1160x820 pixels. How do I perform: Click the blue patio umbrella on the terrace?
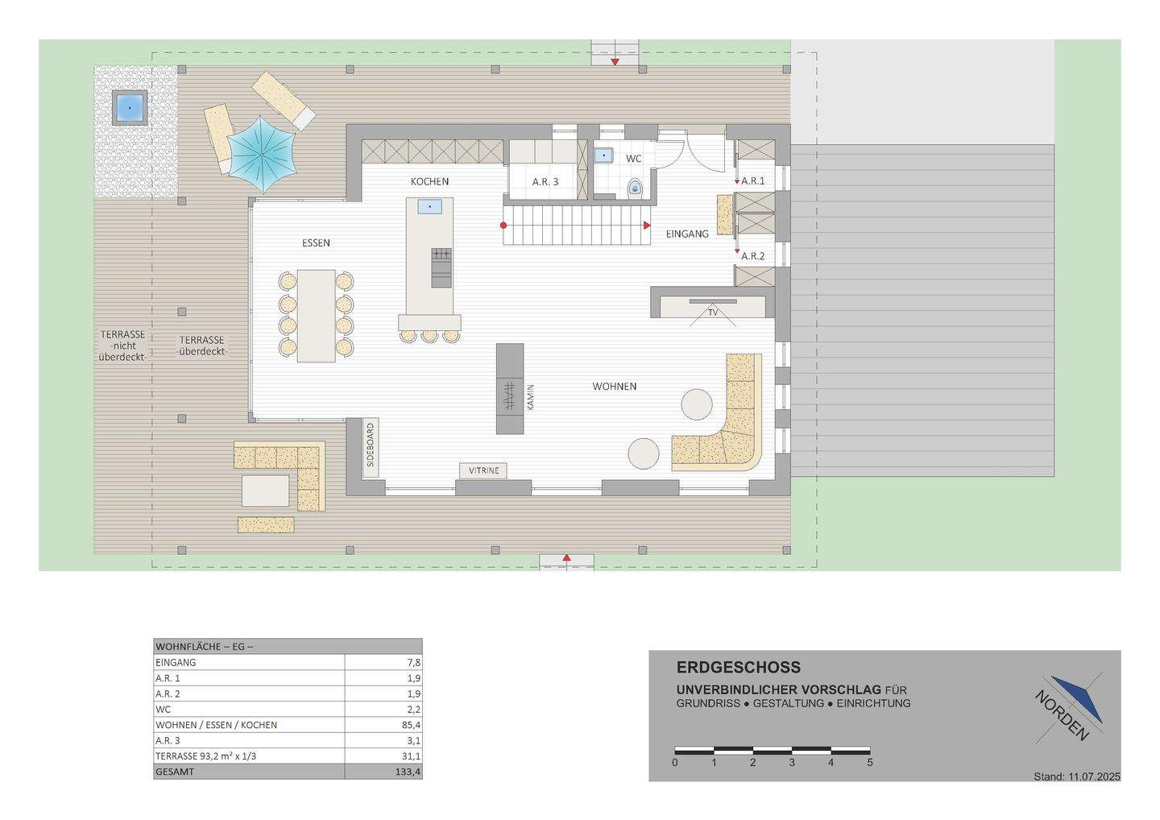tap(262, 155)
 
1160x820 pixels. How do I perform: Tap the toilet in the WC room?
tap(636, 186)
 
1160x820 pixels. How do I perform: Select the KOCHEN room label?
tap(429, 181)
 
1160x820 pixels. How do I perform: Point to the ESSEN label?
tap(316, 242)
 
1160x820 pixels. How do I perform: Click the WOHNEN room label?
tap(614, 386)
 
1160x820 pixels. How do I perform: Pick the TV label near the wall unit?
tap(713, 313)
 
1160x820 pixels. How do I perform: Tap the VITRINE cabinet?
tap(483, 470)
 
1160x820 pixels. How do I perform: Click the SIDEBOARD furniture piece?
tap(371, 447)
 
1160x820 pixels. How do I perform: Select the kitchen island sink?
tap(430, 206)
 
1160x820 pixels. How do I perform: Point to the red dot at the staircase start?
tap(503, 226)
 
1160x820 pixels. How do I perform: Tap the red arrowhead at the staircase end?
tap(647, 226)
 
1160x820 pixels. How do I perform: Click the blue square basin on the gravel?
tap(130, 108)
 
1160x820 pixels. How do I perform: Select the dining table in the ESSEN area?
tap(316, 316)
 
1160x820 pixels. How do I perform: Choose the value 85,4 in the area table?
tap(411, 725)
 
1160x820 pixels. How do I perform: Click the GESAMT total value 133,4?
tap(408, 772)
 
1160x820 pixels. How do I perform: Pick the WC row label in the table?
tap(163, 709)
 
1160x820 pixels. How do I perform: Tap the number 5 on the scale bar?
tap(870, 763)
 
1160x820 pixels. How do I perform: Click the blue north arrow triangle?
tap(1078, 699)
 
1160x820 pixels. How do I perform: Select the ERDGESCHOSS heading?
tap(739, 667)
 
